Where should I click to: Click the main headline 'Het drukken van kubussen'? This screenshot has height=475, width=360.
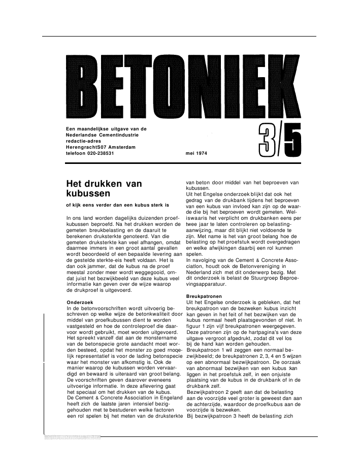coord(104,188)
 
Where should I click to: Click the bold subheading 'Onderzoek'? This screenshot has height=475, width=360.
coord(80,302)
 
